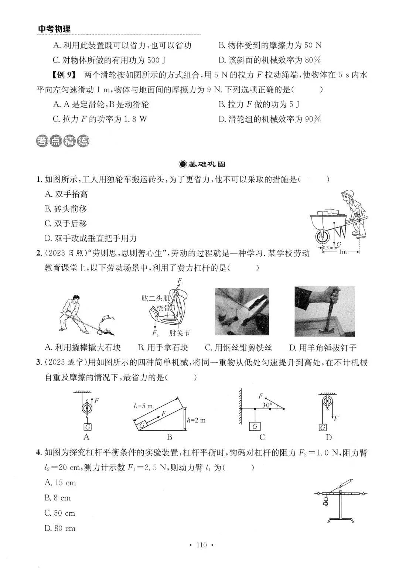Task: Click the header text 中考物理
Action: pyautogui.click(x=54, y=29)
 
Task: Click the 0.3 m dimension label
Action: pyautogui.click(x=328, y=247)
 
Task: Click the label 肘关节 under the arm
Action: pyautogui.click(x=180, y=333)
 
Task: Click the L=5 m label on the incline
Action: pyautogui.click(x=143, y=406)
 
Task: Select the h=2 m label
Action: pyautogui.click(x=196, y=420)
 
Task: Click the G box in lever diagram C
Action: pyautogui.click(x=255, y=427)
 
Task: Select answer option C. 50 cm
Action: pyautogui.click(x=60, y=513)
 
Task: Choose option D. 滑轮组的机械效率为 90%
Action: pyautogui.click(x=269, y=119)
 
